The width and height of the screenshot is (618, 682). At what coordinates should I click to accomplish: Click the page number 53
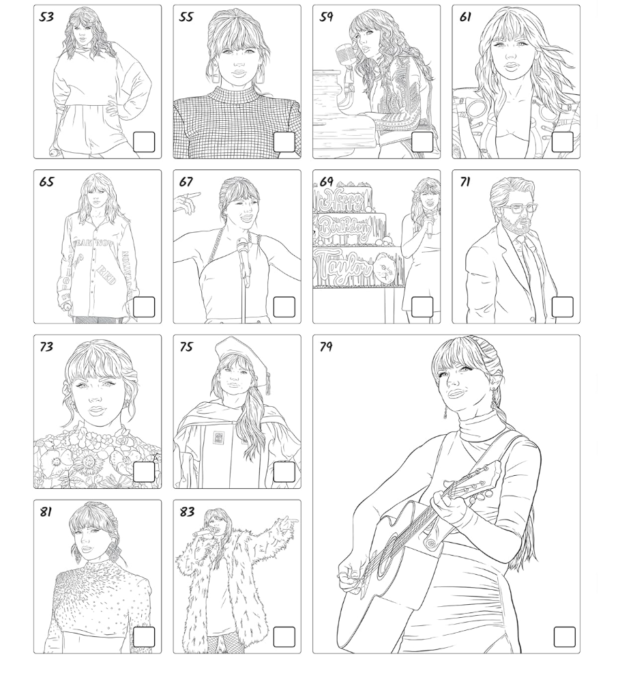click(46, 17)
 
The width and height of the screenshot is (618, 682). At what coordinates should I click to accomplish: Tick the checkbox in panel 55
click(284, 142)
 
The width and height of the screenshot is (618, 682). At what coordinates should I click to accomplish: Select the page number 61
click(465, 17)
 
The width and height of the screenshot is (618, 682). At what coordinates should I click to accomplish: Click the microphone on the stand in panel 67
click(242, 249)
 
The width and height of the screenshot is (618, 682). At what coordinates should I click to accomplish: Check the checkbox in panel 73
click(144, 472)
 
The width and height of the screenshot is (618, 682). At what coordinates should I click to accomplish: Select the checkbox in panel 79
click(564, 636)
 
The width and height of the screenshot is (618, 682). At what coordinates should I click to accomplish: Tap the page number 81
click(46, 511)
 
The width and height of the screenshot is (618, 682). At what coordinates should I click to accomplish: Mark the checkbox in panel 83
click(284, 636)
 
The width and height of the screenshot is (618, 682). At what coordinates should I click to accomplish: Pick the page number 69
click(327, 182)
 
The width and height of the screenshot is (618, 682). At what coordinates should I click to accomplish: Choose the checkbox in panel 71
click(562, 307)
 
